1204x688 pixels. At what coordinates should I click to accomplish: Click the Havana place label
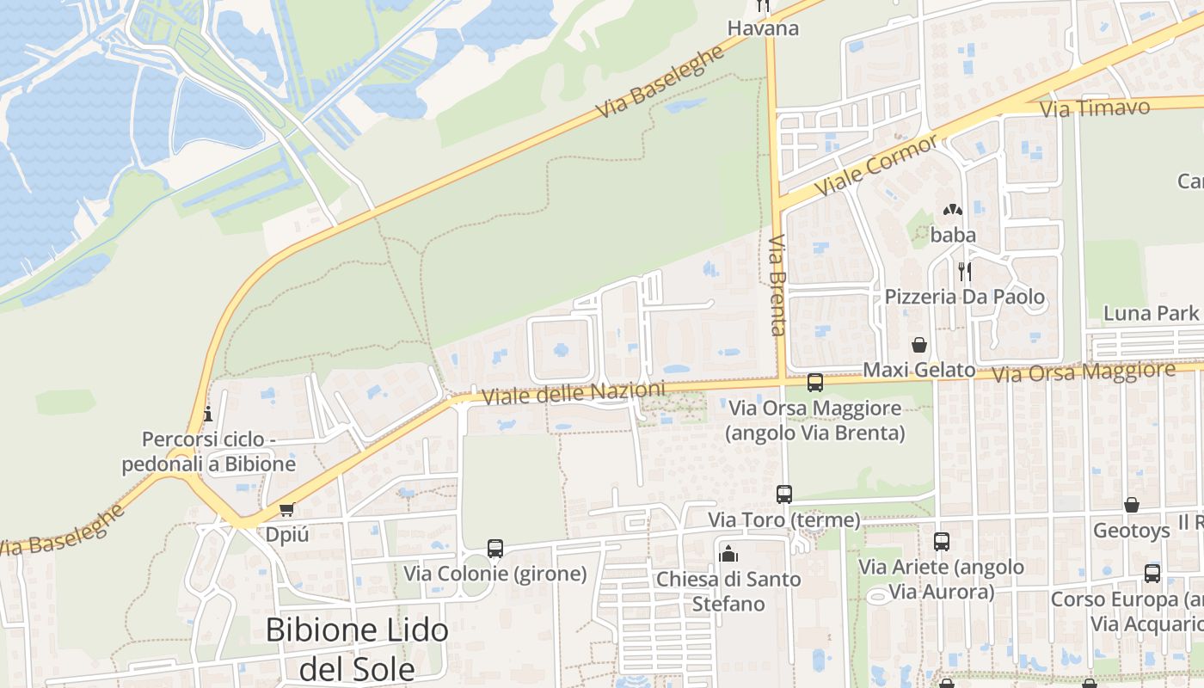[x=763, y=28]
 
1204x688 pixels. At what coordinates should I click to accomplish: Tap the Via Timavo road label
[x=1095, y=108]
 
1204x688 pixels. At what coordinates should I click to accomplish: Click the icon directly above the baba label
[x=952, y=209]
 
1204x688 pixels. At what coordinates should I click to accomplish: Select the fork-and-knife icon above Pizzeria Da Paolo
[x=965, y=272]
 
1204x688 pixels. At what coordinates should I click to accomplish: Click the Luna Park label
[x=1151, y=312]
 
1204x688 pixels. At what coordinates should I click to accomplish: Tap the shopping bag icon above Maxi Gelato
[x=919, y=345]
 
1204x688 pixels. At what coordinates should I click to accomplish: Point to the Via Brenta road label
[x=777, y=285]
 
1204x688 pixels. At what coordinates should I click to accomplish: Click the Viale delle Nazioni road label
[x=574, y=394]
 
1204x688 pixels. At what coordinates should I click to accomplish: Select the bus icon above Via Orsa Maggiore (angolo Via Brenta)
[x=814, y=383]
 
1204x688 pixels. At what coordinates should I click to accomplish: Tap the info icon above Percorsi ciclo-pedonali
[x=207, y=415]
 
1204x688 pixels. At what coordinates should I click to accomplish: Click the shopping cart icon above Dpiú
[x=286, y=509]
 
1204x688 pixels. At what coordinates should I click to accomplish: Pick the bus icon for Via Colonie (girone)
[x=494, y=548]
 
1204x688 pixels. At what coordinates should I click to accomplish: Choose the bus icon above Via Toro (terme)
[x=783, y=494]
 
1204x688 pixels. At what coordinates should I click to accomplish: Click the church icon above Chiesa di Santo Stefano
[x=728, y=553]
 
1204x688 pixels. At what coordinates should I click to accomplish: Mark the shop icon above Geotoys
[x=1131, y=505]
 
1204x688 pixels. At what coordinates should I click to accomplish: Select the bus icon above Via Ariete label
[x=942, y=542]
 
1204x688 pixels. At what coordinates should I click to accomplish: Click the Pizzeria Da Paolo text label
[x=965, y=298]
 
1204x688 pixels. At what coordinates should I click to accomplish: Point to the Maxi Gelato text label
[x=918, y=370]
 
